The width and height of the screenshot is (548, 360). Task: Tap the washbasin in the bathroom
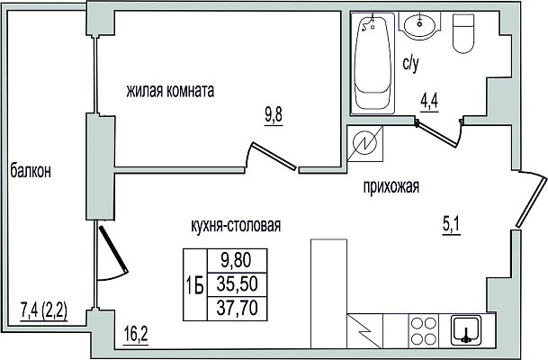[x=419, y=24]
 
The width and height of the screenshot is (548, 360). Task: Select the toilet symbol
[x=463, y=33]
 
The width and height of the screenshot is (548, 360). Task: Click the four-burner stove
[x=424, y=330]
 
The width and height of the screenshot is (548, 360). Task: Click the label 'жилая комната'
[x=170, y=91]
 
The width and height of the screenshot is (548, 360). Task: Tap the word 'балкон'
[x=31, y=171]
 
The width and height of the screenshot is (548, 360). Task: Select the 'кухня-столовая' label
[x=236, y=225]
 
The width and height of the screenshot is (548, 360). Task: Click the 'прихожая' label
[x=391, y=186]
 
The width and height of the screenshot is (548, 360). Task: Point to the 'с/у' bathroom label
[x=410, y=64]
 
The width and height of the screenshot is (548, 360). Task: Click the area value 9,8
[x=274, y=115]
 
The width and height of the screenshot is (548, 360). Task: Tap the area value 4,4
[x=429, y=103]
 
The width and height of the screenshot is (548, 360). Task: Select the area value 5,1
[x=452, y=225]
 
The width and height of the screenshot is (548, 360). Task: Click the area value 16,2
[x=136, y=335]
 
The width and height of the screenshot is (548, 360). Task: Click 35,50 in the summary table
[x=237, y=283]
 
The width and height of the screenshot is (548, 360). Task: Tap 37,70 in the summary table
[x=237, y=308]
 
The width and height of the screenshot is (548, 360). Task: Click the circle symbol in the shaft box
[x=364, y=143]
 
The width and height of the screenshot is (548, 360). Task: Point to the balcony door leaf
[x=113, y=249]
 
